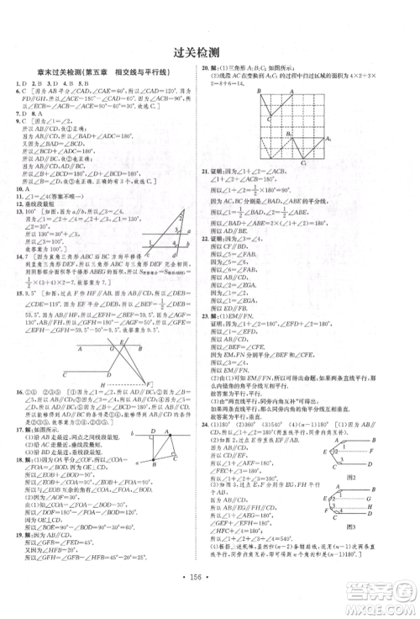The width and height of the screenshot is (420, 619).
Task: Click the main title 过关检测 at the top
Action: [210, 51]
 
